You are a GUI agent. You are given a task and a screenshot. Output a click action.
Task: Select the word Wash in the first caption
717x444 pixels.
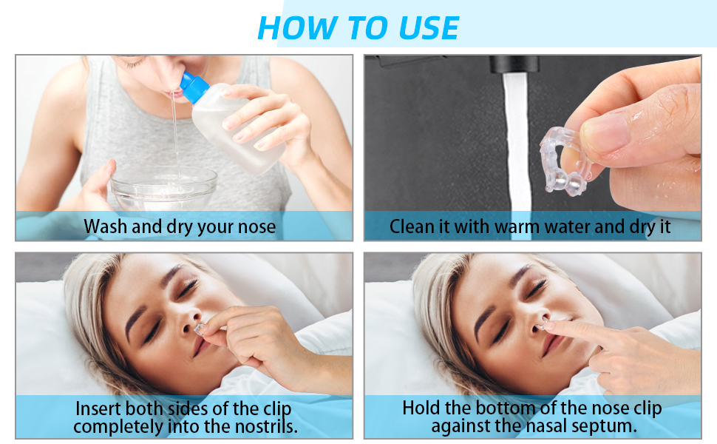point(106,226)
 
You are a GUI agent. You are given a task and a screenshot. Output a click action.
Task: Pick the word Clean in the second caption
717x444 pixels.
point(412,226)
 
